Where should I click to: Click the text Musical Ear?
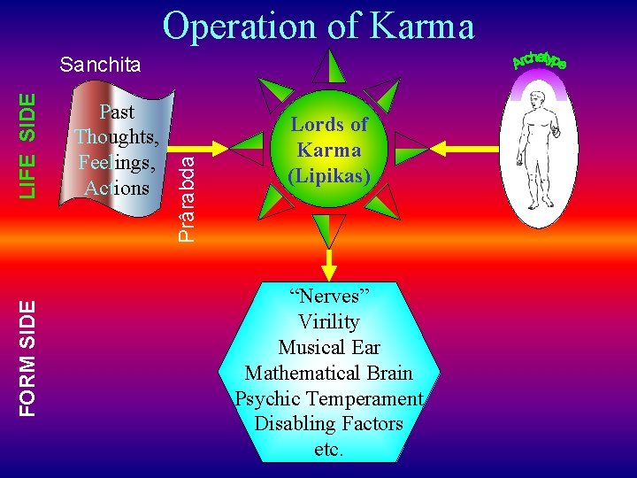pyautogui.click(x=329, y=347)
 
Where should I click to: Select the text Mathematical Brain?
pyautogui.click(x=329, y=373)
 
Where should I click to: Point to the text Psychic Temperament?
pyautogui.click(x=329, y=398)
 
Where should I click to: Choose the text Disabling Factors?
pyautogui.click(x=329, y=424)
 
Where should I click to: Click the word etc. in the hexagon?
pyautogui.click(x=329, y=449)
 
